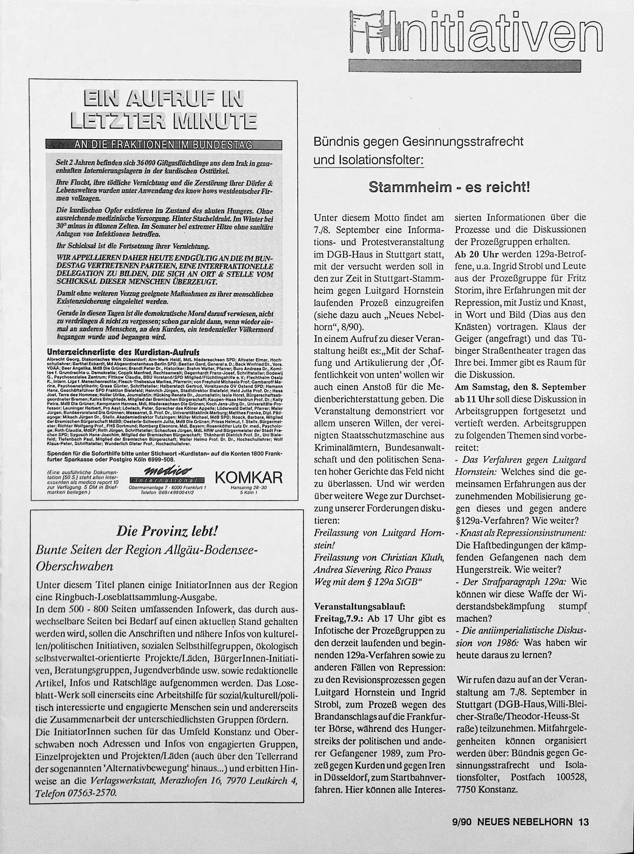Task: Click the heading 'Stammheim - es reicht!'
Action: (449, 187)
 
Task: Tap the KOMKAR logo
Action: (249, 477)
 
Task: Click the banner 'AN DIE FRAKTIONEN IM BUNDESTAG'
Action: (164, 145)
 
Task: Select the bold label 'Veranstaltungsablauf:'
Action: (360, 607)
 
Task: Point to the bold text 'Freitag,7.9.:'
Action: (339, 619)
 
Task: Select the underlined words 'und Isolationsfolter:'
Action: (368, 160)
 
